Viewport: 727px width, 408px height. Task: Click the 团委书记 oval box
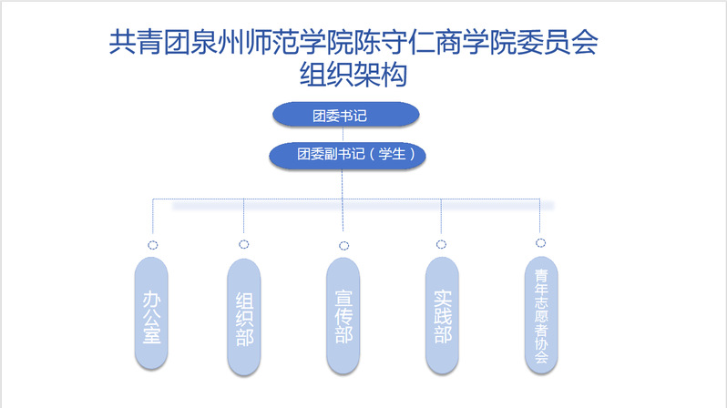coord(346,115)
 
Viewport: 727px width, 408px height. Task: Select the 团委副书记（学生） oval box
coord(347,155)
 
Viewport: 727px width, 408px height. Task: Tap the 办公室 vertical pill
coord(151,313)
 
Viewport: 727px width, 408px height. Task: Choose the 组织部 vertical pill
coord(244,317)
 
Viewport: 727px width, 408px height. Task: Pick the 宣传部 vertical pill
coord(343,316)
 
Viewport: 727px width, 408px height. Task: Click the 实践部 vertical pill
coord(443,316)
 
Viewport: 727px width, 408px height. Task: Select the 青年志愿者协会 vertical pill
coord(541,315)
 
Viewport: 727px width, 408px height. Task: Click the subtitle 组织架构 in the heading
coord(353,75)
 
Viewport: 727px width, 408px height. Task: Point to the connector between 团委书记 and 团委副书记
coord(343,135)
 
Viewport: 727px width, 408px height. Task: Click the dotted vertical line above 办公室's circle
coord(152,216)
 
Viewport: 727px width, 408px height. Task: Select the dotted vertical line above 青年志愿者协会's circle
coord(539,216)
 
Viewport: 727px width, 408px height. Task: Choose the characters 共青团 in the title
coord(149,42)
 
